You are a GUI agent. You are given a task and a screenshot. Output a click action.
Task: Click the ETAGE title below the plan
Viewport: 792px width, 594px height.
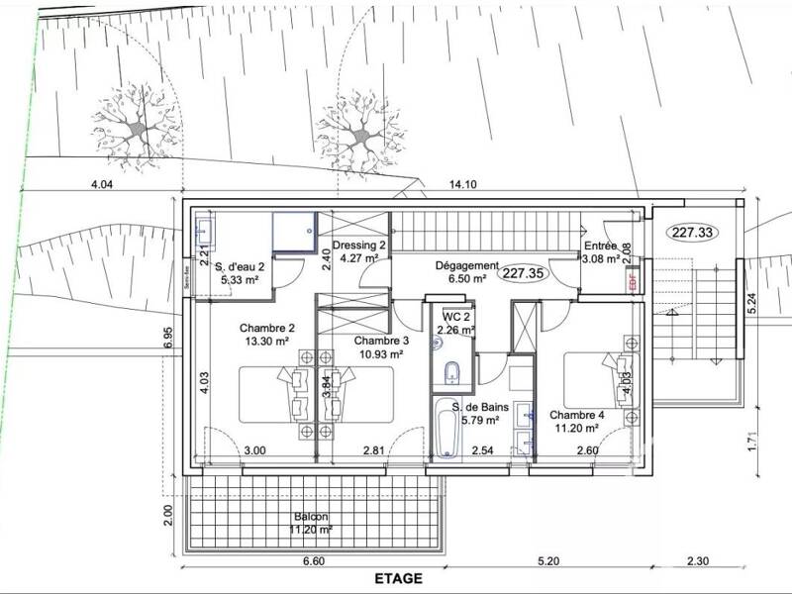[x=398, y=579]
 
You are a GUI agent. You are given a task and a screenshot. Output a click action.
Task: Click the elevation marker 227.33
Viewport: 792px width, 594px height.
[x=693, y=232]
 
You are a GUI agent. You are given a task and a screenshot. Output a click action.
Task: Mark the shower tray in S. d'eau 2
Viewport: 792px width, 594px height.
[x=296, y=233]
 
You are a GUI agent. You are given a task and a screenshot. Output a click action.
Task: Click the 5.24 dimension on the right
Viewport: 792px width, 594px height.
[x=752, y=303]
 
